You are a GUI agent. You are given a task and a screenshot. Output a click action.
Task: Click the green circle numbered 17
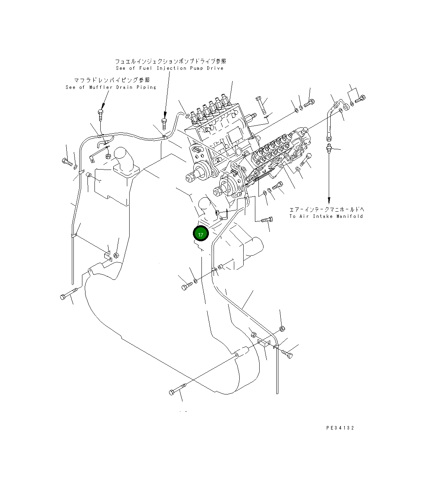pyautogui.click(x=201, y=234)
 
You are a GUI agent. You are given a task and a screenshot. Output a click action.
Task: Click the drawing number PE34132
pyautogui.click(x=340, y=428)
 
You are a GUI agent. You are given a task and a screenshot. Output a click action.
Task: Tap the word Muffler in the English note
pyautogui.click(x=100, y=87)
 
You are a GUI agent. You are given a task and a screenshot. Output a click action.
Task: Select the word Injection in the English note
pyautogui.click(x=172, y=68)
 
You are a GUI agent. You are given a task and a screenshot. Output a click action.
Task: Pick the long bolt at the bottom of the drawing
pyautogui.click(x=178, y=389)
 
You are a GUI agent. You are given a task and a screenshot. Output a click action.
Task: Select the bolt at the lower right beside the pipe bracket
pyautogui.click(x=287, y=354)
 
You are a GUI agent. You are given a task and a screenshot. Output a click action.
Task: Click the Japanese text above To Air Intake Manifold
pyautogui.click(x=326, y=209)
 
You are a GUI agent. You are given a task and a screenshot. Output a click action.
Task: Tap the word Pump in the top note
pyautogui.click(x=197, y=68)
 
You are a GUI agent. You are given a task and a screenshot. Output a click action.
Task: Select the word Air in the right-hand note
pyautogui.click(x=304, y=216)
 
